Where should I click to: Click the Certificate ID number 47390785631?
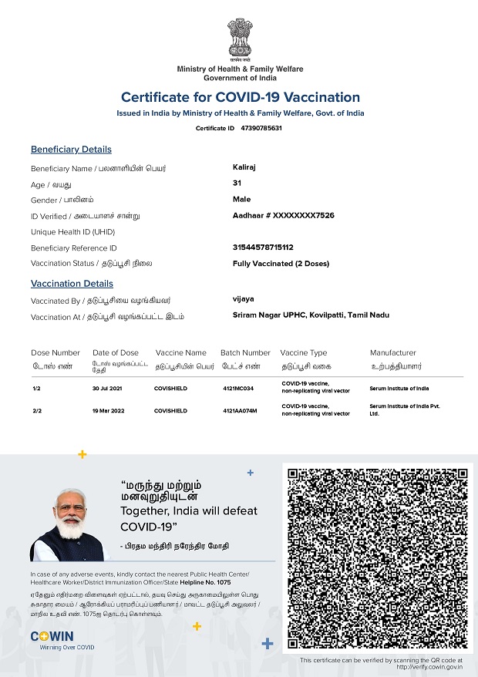261,128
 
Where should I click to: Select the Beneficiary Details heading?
71,150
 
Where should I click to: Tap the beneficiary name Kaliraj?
245,167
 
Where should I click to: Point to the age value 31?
237,183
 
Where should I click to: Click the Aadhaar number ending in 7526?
283,216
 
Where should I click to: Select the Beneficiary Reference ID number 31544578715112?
274,248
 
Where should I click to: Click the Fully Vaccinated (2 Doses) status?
281,264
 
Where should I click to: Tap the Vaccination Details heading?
72,284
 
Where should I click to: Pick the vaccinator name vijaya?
243,299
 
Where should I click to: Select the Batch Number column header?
245,352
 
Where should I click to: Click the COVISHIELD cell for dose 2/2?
170,411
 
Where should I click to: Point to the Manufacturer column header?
392,352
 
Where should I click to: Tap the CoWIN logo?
52,636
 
